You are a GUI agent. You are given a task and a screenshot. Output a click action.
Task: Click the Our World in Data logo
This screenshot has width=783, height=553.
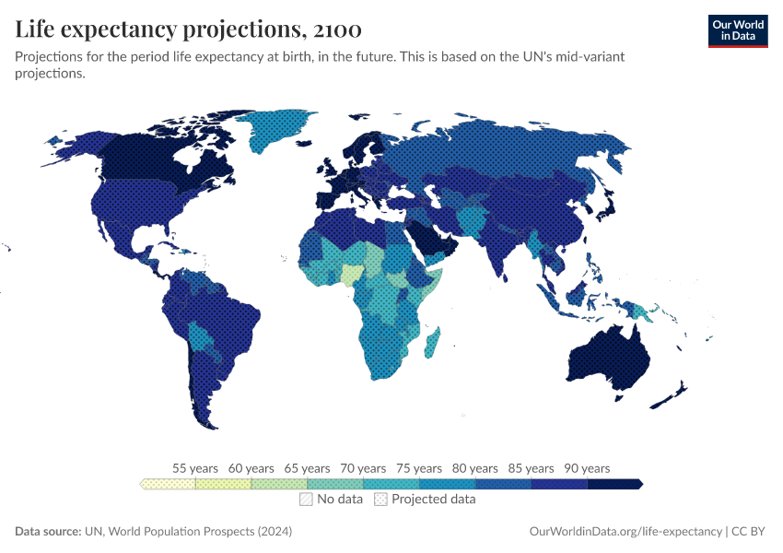[737, 30]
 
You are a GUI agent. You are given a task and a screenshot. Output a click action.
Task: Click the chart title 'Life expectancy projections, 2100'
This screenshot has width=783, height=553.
[188, 29]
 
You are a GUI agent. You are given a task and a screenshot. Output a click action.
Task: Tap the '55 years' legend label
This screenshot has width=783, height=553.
[195, 468]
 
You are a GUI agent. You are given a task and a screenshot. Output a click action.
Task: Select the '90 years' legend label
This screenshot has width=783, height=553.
[587, 468]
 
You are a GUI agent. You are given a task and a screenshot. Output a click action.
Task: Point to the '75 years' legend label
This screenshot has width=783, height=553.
[419, 468]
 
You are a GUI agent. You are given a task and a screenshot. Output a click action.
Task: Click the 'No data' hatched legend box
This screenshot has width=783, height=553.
[306, 500]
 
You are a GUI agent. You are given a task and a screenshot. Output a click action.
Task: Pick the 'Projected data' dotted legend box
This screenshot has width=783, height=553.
[380, 500]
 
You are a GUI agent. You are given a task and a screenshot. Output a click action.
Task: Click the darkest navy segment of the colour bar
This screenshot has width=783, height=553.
[614, 484]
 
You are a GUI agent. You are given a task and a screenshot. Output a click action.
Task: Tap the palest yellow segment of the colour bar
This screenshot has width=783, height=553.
[169, 484]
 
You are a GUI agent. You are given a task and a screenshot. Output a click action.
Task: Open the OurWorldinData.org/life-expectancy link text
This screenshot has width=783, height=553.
[626, 532]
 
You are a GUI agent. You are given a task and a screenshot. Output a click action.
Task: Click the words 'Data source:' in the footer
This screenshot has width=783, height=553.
[48, 532]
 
